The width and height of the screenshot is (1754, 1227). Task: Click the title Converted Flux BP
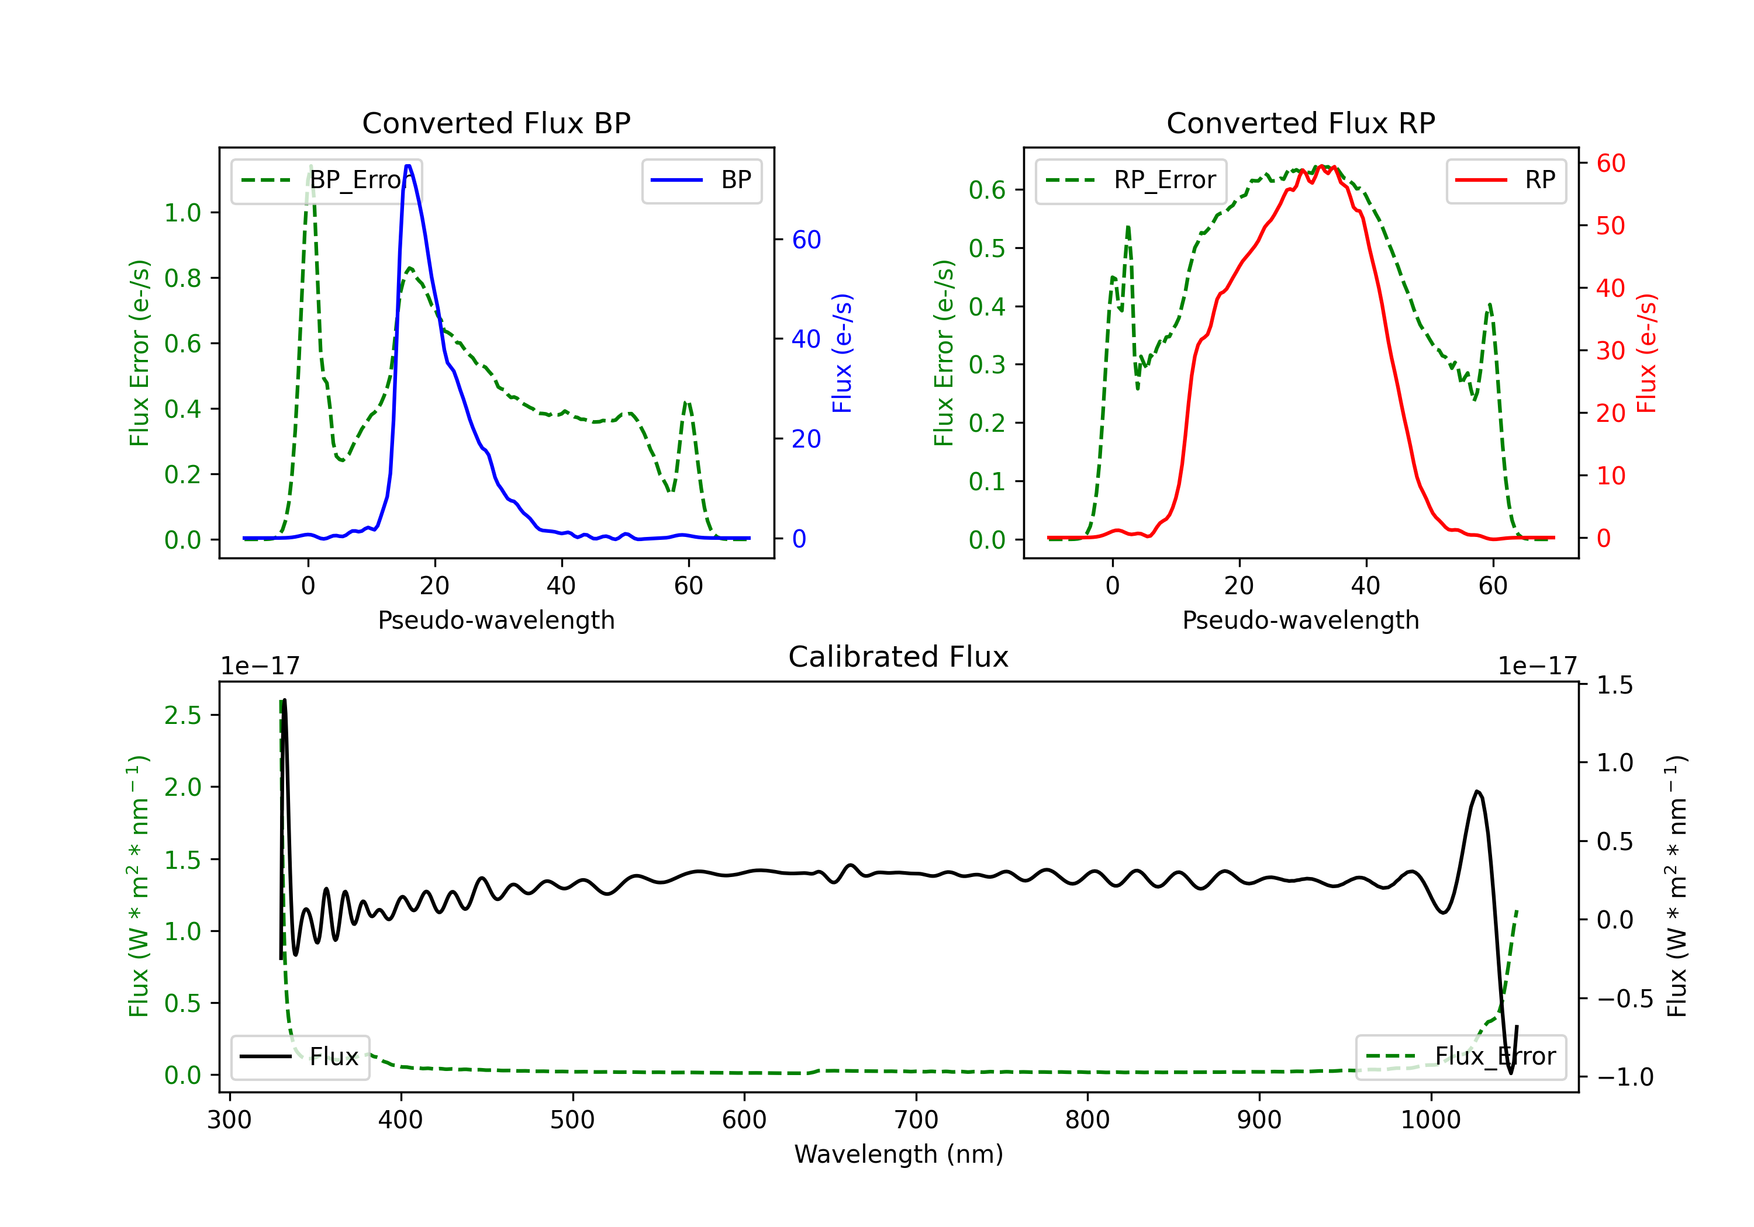point(496,123)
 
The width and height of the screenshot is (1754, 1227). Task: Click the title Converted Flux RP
point(1300,123)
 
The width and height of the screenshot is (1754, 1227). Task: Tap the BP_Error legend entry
point(327,180)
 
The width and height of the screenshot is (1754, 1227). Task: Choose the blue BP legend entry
point(701,180)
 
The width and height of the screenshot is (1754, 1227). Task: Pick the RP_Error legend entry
point(1131,180)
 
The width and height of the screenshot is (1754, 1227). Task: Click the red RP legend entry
point(1506,180)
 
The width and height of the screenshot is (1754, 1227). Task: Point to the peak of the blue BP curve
point(408,166)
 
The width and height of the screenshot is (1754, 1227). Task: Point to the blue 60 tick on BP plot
point(806,240)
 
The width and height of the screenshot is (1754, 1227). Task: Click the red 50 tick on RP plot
point(1610,226)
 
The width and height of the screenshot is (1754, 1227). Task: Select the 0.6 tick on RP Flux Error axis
point(987,190)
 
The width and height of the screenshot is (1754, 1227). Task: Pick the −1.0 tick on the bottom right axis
point(1624,1077)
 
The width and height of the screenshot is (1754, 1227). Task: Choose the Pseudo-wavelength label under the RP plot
point(1300,620)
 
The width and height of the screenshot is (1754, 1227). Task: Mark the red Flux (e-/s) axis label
point(1647,353)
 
